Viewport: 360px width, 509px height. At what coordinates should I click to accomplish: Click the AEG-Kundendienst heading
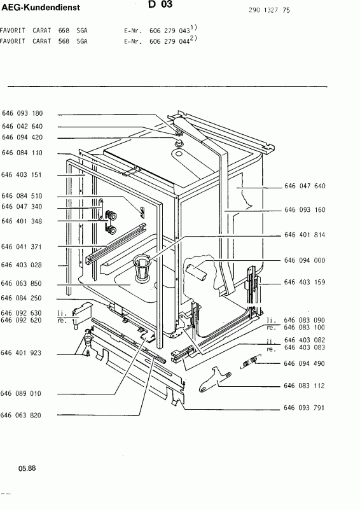click(x=40, y=8)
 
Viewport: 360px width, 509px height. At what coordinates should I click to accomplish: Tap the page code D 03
click(x=160, y=4)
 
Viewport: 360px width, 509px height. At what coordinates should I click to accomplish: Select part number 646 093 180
click(x=22, y=113)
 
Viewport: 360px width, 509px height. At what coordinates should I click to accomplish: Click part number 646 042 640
click(x=22, y=126)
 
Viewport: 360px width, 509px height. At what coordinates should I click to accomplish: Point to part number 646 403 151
click(x=22, y=174)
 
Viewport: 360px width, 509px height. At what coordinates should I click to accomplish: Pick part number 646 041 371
click(x=22, y=247)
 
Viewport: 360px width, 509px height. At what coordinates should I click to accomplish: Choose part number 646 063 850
click(x=22, y=283)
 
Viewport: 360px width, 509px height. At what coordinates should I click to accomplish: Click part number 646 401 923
click(x=21, y=353)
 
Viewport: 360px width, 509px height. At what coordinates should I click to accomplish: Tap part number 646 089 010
click(x=21, y=393)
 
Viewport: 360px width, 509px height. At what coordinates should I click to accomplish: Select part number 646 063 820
click(x=21, y=415)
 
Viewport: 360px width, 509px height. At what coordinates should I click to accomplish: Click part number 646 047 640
click(x=305, y=186)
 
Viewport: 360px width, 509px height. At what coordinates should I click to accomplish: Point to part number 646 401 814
click(x=305, y=235)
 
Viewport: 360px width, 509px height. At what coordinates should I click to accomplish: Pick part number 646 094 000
click(x=305, y=260)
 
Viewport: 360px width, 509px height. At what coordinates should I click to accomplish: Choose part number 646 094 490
click(x=304, y=363)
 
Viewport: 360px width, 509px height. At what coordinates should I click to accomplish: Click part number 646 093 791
click(x=304, y=408)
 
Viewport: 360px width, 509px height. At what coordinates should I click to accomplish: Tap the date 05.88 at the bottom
click(x=27, y=468)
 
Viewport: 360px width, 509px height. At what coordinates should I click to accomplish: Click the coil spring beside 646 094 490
click(x=249, y=361)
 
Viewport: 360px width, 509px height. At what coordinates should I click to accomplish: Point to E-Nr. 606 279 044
click(x=156, y=41)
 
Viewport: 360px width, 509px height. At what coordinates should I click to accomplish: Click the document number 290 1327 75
click(x=269, y=10)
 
